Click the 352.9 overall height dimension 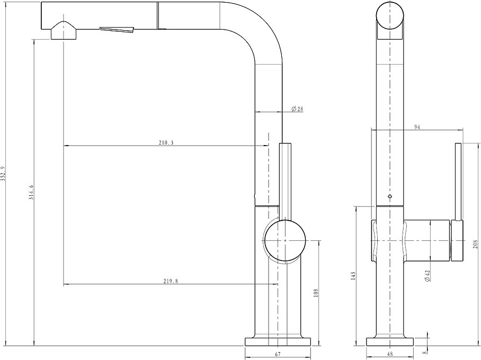[x=3, y=178]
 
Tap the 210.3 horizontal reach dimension [x=166, y=142]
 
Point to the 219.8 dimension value [x=171, y=281]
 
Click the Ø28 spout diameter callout [x=297, y=109]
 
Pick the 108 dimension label [x=316, y=293]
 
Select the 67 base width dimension [x=278, y=355]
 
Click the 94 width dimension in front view [x=417, y=127]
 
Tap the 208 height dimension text [x=476, y=244]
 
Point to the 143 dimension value [x=353, y=276]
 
